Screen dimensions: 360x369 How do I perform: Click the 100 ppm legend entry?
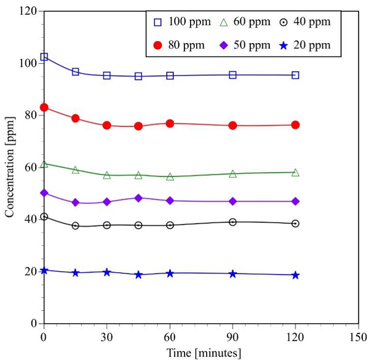(x=178, y=22)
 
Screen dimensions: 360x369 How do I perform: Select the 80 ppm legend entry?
(x=178, y=45)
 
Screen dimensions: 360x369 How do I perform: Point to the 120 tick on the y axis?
(x=26, y=11)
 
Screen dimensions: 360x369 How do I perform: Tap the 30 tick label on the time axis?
(x=107, y=337)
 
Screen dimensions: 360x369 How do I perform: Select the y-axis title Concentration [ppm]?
(x=9, y=166)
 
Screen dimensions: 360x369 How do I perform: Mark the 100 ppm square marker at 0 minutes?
(x=44, y=57)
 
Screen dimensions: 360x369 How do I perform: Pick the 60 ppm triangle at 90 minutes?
(x=232, y=174)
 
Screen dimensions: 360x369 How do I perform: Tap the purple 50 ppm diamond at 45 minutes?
(x=138, y=198)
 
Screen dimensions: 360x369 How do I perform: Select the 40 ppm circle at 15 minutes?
(x=76, y=225)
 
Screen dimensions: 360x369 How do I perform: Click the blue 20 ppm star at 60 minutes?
(x=170, y=273)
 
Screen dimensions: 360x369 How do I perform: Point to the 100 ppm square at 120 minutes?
(x=295, y=75)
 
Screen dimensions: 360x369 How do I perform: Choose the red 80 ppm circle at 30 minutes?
(x=107, y=125)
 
